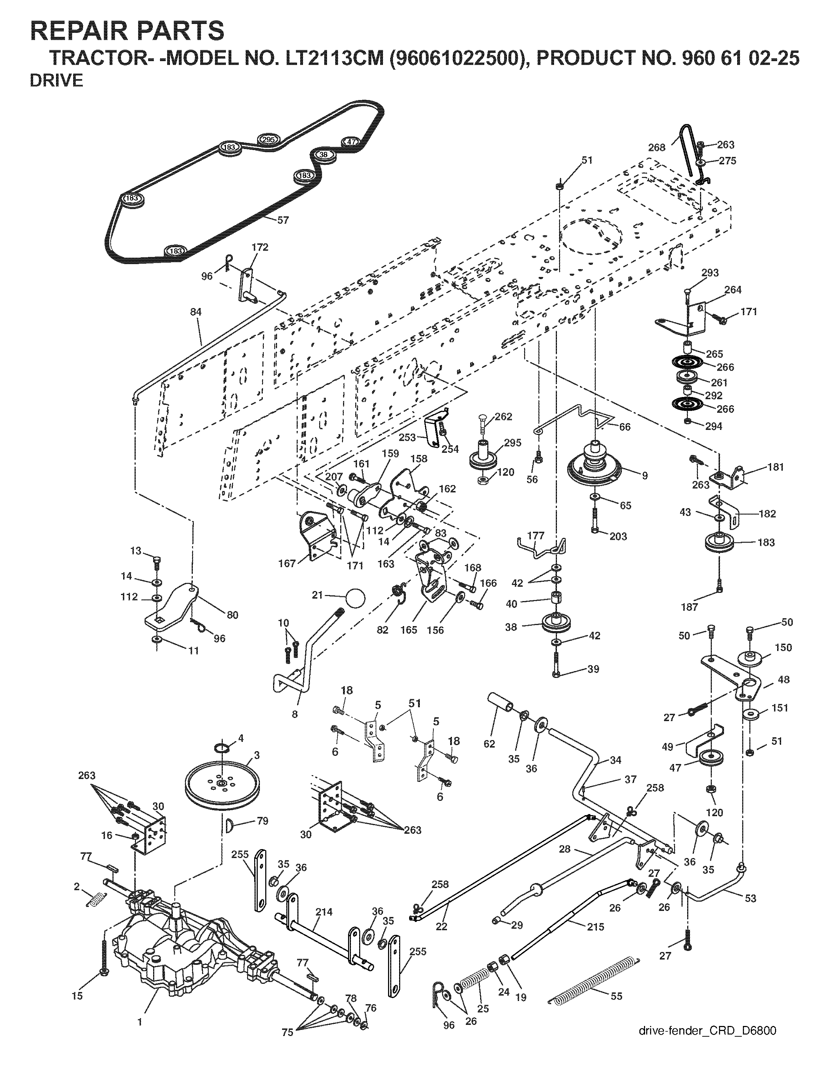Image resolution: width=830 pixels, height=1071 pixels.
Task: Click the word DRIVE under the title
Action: click(x=57, y=81)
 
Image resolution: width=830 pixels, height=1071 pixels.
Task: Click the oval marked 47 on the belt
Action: click(x=351, y=142)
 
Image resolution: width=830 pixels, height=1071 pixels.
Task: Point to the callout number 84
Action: click(x=196, y=312)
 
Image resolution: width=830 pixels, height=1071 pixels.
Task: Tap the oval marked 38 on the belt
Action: click(x=323, y=154)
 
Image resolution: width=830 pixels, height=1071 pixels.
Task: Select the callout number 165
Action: click(x=409, y=630)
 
